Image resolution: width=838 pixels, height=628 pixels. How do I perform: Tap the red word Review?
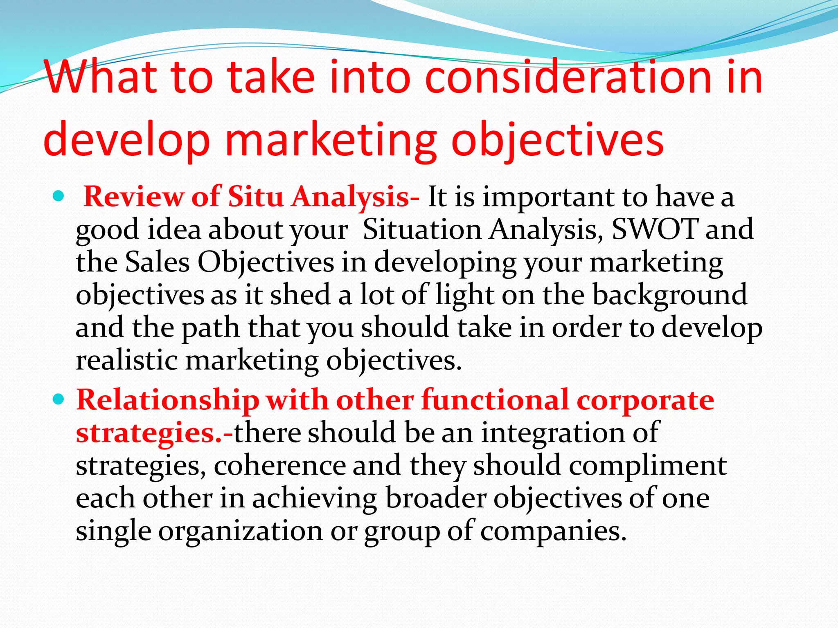[133, 197]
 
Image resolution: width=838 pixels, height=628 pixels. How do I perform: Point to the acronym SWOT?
[654, 229]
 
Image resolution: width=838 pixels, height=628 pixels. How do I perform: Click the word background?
[670, 295]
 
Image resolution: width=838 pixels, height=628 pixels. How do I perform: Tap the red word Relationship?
[168, 400]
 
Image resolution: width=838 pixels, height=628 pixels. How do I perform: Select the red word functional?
[495, 400]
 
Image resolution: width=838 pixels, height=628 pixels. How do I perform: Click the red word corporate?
[645, 400]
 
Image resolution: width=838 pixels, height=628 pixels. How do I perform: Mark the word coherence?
[279, 465]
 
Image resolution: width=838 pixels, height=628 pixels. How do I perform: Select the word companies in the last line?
[553, 531]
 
